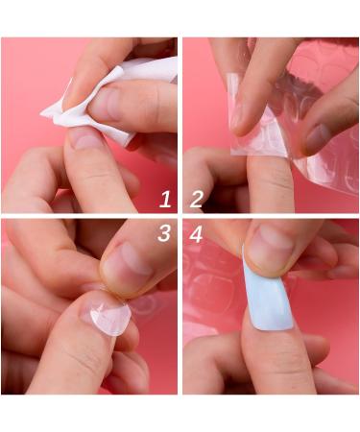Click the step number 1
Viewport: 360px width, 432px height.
tap(164, 200)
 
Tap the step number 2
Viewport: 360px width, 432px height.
tap(196, 200)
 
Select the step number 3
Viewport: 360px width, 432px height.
tap(164, 233)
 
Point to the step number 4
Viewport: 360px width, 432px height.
tap(197, 233)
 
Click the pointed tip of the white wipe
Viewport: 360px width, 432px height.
tap(44, 114)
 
